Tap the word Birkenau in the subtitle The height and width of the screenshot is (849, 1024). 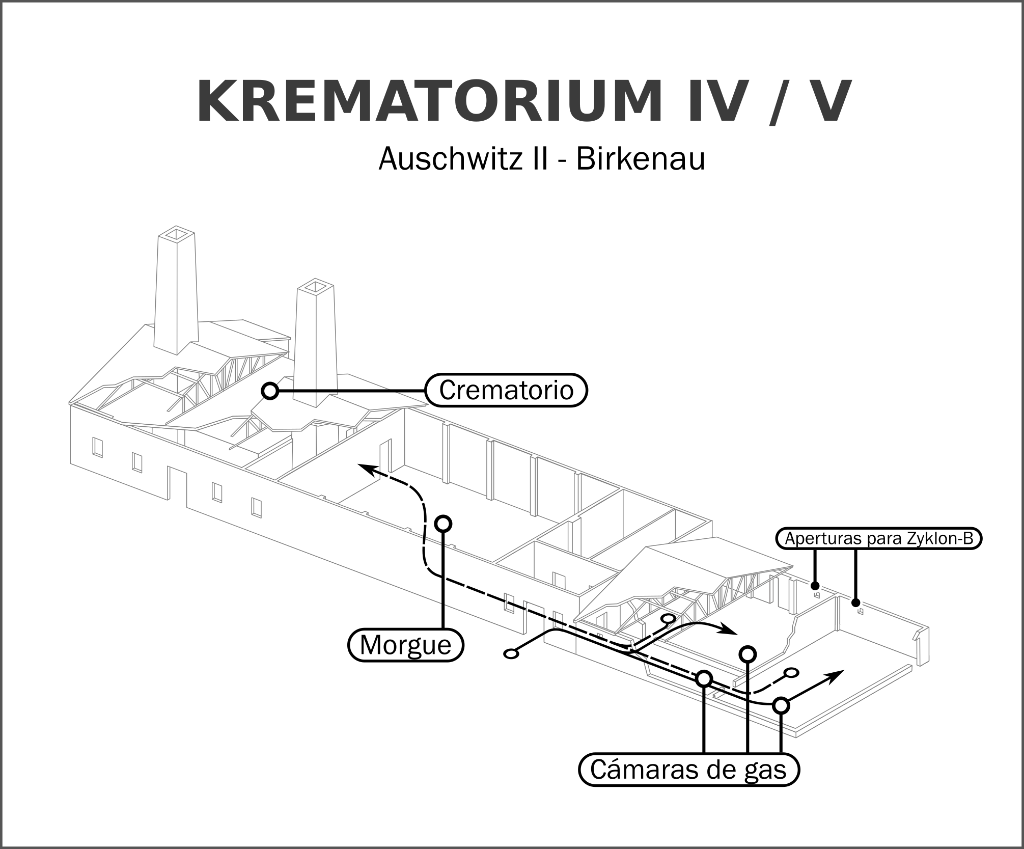click(640, 159)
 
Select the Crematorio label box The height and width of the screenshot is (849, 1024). click(506, 391)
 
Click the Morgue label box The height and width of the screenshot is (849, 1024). click(405, 645)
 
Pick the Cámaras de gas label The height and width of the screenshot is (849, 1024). click(688, 770)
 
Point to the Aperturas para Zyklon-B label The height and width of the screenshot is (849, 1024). click(878, 539)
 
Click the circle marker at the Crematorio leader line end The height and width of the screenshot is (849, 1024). click(270, 391)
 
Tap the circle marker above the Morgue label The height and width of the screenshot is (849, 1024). click(444, 523)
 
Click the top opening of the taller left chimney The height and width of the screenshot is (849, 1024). click(176, 234)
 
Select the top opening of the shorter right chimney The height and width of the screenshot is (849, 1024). click(316, 287)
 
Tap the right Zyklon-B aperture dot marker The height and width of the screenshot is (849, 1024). click(855, 601)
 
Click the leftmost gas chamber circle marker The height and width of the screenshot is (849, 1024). click(703, 678)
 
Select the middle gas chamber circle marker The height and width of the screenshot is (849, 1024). click(747, 653)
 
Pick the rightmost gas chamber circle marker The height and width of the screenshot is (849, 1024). click(781, 706)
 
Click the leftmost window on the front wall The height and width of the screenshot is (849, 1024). click(97, 447)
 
